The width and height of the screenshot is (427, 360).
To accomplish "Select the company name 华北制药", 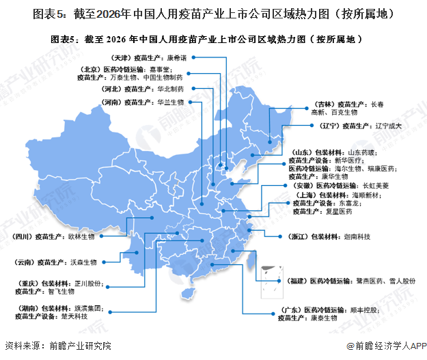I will tap(170, 89).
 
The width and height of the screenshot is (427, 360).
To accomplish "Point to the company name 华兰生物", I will tap(170, 102).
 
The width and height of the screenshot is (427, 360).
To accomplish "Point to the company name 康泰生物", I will tap(325, 318).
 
